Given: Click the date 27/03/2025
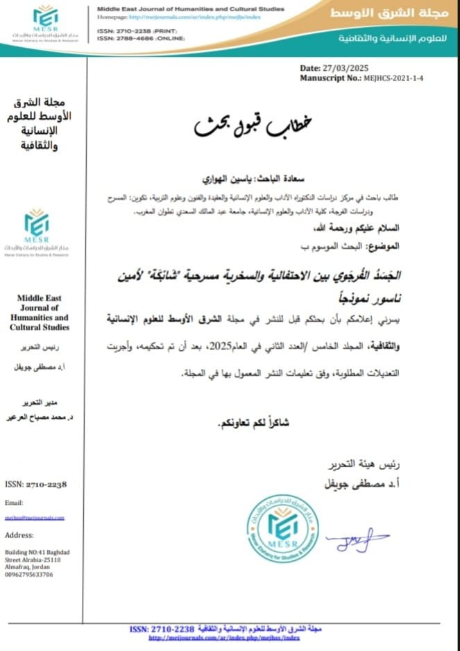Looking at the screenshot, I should pos(348,69).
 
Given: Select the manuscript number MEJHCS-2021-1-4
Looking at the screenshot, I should pos(392,78).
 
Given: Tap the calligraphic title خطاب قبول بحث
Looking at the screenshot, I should pos(253,124).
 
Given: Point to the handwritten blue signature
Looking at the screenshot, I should pos(357,539).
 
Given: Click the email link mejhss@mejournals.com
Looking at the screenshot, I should pos(35,517).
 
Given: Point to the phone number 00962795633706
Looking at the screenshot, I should pos(28,575).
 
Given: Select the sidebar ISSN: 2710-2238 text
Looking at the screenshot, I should pos(36,484).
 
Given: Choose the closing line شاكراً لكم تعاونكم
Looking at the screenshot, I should pos(253,422).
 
